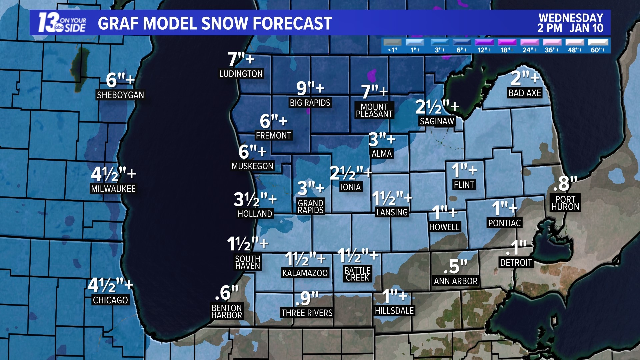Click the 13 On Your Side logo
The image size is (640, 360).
coord(62,23)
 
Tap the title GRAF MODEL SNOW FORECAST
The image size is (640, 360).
coord(215,23)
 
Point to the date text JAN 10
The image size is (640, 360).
coord(586,28)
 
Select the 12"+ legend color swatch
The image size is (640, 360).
coord(484,42)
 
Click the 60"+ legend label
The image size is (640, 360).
coord(598,50)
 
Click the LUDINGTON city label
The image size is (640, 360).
coord(241,74)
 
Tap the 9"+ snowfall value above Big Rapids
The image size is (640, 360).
coord(310,88)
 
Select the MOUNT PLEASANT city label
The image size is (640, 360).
coord(374,110)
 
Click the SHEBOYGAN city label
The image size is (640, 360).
coord(120,95)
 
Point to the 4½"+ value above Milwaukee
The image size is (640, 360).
coord(113,174)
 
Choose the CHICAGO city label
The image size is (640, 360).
coord(110,300)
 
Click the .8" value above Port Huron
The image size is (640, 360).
coord(565,184)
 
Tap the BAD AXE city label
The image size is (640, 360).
coord(524,93)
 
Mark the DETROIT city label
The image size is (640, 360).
coord(516,263)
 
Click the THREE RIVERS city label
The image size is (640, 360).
coord(307,313)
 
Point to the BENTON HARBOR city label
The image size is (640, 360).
coord(227,311)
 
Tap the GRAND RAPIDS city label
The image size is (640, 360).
coord(310,206)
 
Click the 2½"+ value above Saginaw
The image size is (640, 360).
coord(437,107)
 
